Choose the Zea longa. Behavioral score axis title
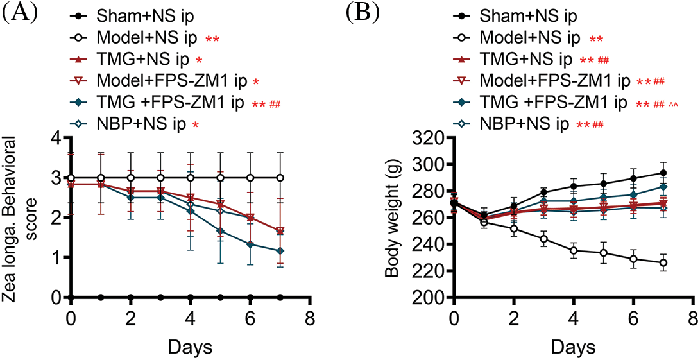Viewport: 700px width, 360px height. (22, 218)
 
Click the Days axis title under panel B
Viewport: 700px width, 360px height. (572, 347)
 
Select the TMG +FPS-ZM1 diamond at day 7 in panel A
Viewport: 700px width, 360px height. (281, 251)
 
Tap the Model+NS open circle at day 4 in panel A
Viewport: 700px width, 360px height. (191, 178)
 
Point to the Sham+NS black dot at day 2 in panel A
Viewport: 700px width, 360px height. (131, 297)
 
